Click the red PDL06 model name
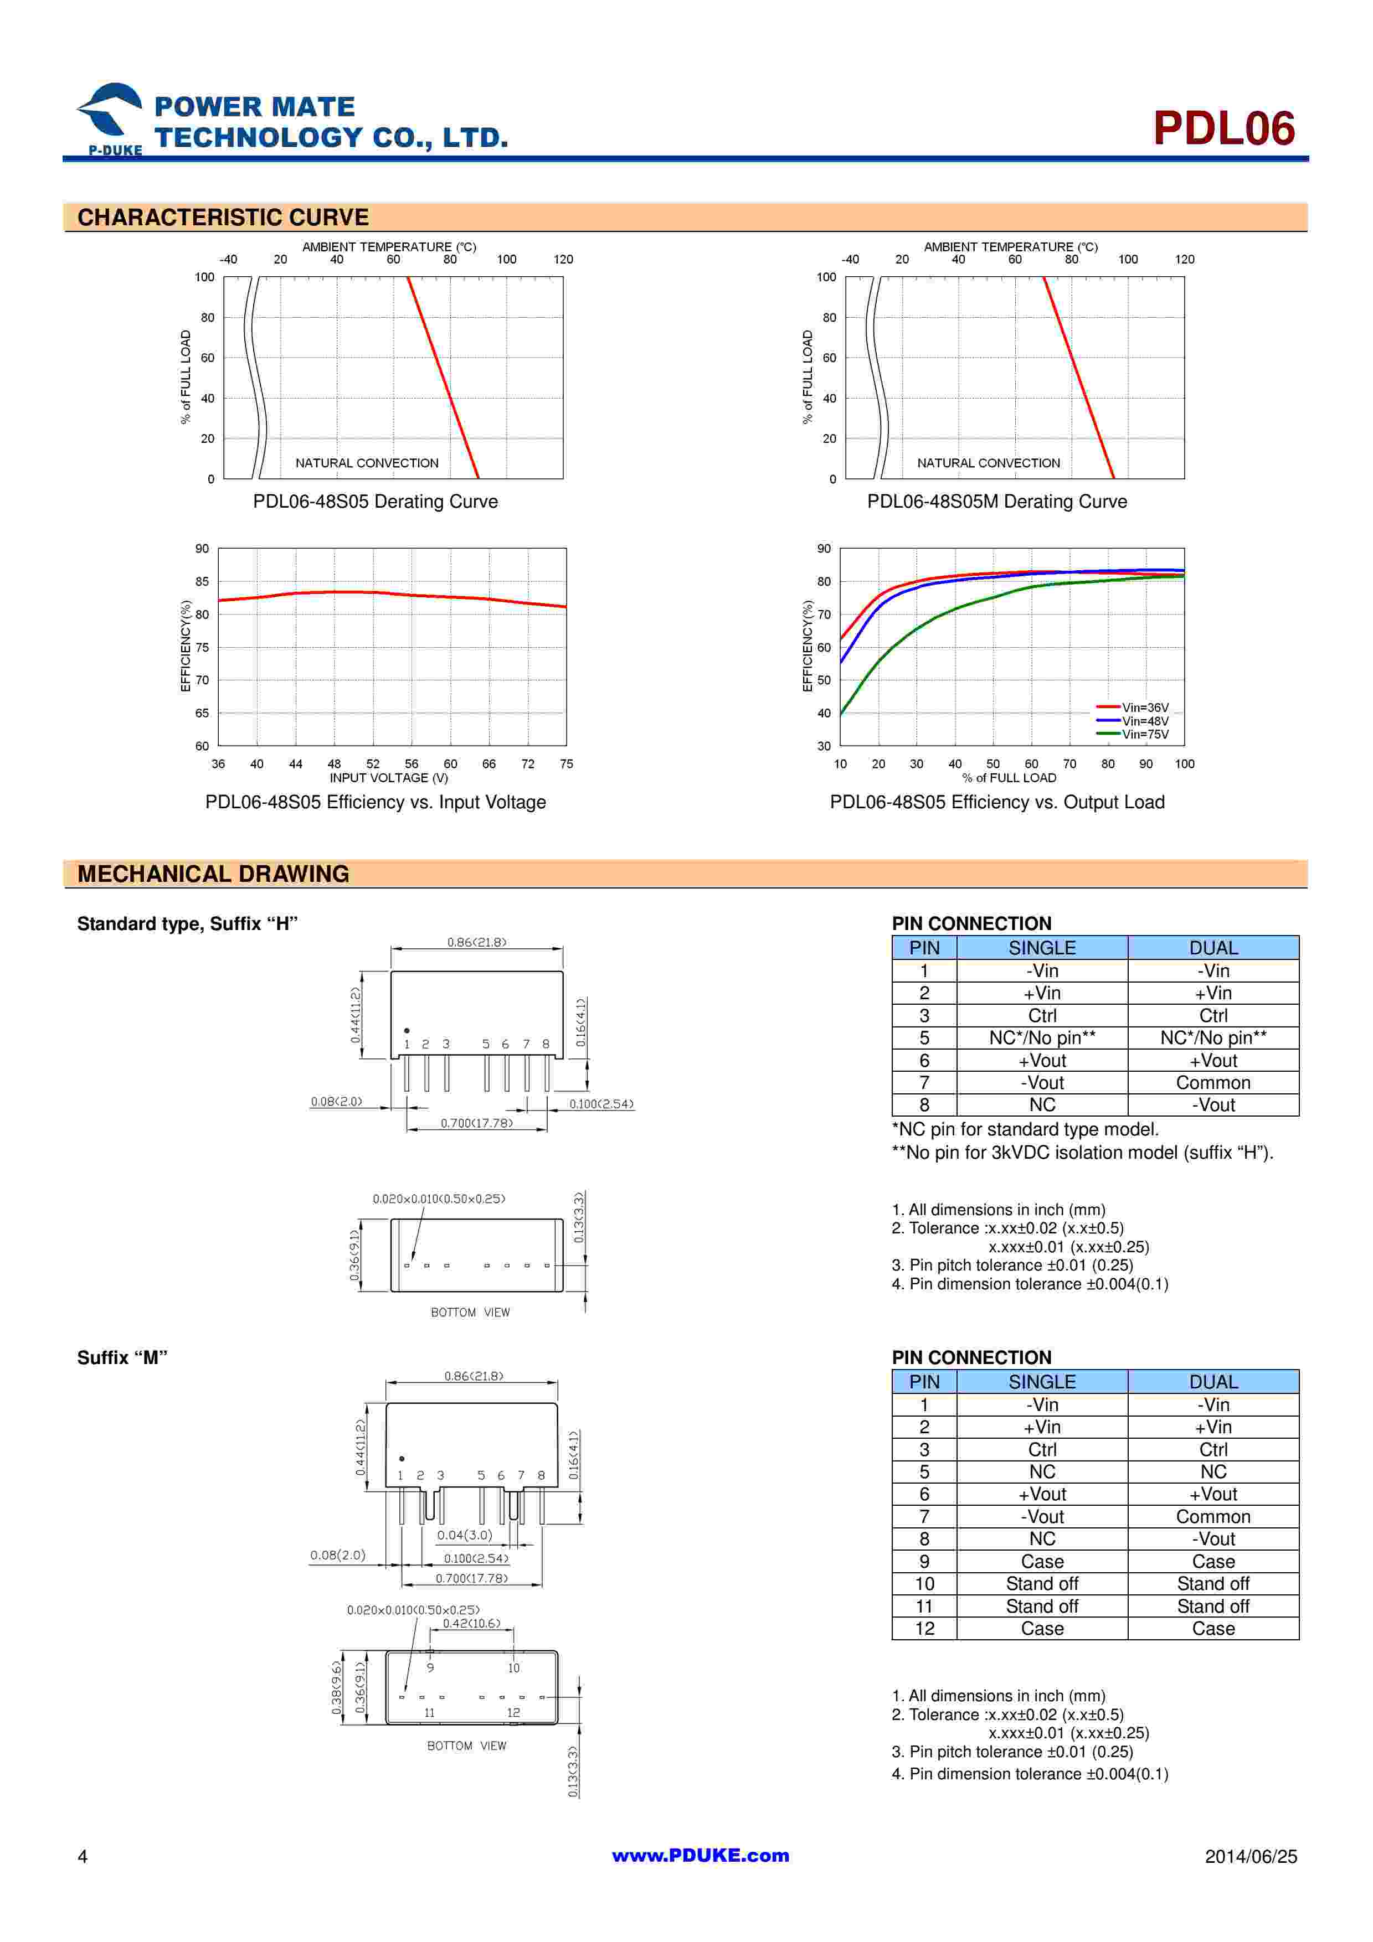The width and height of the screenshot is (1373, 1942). pyautogui.click(x=1223, y=128)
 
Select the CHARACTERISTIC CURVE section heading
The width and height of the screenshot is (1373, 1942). pyautogui.click(x=223, y=218)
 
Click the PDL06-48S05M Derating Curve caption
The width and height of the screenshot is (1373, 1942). pyautogui.click(x=996, y=502)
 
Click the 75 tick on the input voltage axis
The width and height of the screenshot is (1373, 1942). pyautogui.click(x=566, y=764)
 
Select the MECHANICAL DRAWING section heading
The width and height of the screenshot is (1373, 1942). pyautogui.click(x=213, y=874)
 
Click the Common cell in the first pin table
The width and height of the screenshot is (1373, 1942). pyautogui.click(x=1212, y=1083)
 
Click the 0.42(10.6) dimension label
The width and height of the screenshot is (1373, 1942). pyautogui.click(x=471, y=1623)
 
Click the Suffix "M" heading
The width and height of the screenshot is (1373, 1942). pyautogui.click(x=122, y=1357)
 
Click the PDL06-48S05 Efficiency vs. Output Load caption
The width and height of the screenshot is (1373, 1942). pyautogui.click(x=996, y=802)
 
